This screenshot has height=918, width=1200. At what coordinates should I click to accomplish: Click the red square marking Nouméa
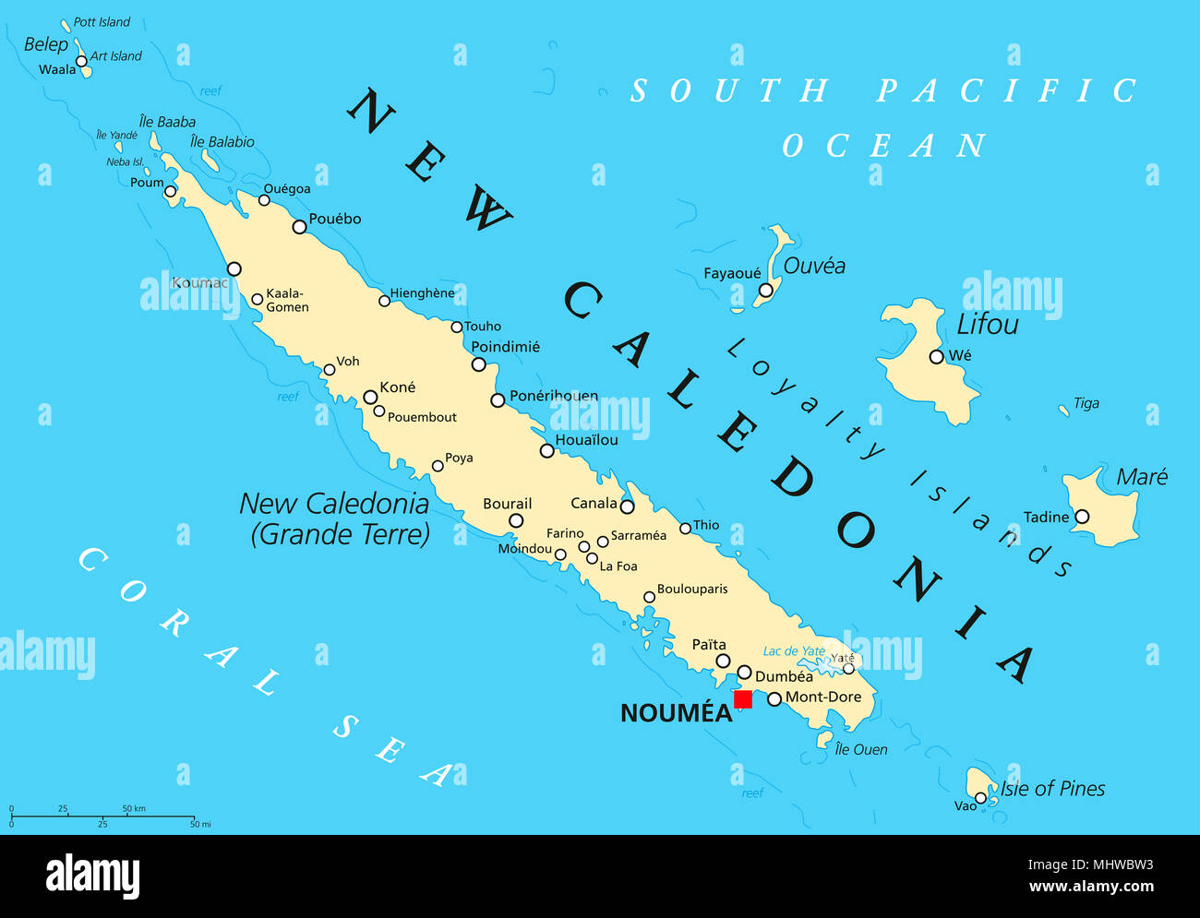pyautogui.click(x=743, y=699)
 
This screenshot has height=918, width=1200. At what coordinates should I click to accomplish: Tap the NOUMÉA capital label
pyautogui.click(x=676, y=713)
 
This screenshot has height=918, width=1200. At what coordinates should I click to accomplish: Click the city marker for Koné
pyautogui.click(x=370, y=398)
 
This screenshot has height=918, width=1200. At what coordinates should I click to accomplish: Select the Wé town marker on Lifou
pyautogui.click(x=936, y=356)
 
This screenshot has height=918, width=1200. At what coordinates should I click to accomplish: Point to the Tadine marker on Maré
pyautogui.click(x=1081, y=517)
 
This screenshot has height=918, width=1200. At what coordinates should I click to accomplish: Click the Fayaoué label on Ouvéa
pyautogui.click(x=732, y=273)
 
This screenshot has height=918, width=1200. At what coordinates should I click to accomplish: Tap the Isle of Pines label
pyautogui.click(x=1052, y=789)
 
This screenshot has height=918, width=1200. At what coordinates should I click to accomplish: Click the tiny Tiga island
pyautogui.click(x=1063, y=409)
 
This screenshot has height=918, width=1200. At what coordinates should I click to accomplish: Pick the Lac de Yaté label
pyautogui.click(x=794, y=651)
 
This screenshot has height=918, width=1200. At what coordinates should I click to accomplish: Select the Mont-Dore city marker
pyautogui.click(x=774, y=698)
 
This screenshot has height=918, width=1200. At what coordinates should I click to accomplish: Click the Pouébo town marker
pyautogui.click(x=299, y=227)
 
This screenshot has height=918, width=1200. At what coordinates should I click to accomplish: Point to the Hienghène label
pyautogui.click(x=422, y=293)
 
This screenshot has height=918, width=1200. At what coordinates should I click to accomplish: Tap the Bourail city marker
pyautogui.click(x=516, y=520)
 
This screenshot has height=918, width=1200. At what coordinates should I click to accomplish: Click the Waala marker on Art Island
pyautogui.click(x=81, y=62)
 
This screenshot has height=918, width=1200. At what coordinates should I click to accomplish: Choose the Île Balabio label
pyautogui.click(x=222, y=142)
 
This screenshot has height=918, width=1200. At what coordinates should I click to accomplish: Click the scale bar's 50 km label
pyautogui.click(x=134, y=809)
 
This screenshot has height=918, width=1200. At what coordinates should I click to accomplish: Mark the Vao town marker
pyautogui.click(x=980, y=798)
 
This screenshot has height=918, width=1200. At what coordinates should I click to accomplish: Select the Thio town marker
pyautogui.click(x=685, y=528)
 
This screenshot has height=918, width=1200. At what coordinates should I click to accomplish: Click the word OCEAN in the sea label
pyautogui.click(x=883, y=146)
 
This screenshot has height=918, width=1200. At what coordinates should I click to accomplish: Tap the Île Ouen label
pyautogui.click(x=860, y=750)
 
